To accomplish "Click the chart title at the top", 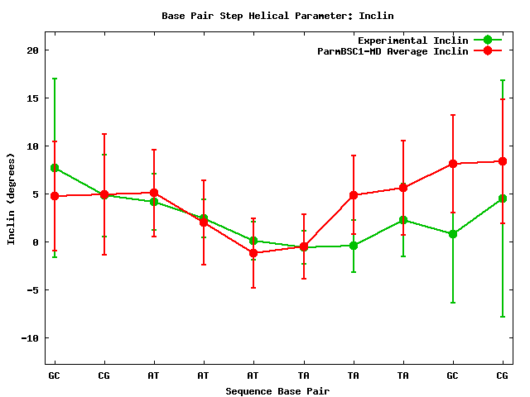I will (277, 16).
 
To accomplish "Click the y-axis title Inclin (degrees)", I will (11, 198).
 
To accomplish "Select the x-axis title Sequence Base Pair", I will (277, 390).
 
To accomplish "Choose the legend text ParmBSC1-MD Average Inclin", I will (393, 50).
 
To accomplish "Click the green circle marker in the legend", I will (488, 40).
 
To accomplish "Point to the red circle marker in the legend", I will (488, 50).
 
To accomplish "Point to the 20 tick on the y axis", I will (33, 50).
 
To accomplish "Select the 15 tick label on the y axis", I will (33, 98).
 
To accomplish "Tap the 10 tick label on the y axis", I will (33, 146).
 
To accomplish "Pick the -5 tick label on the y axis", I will (33, 289).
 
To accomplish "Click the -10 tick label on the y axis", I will (30, 337).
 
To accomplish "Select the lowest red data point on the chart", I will (253, 253).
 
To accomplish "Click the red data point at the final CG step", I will (503, 161).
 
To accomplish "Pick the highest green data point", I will (55, 168).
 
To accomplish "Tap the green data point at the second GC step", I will (453, 234).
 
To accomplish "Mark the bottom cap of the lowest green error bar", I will (503, 317).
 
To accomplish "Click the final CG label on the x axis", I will (503, 375).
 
